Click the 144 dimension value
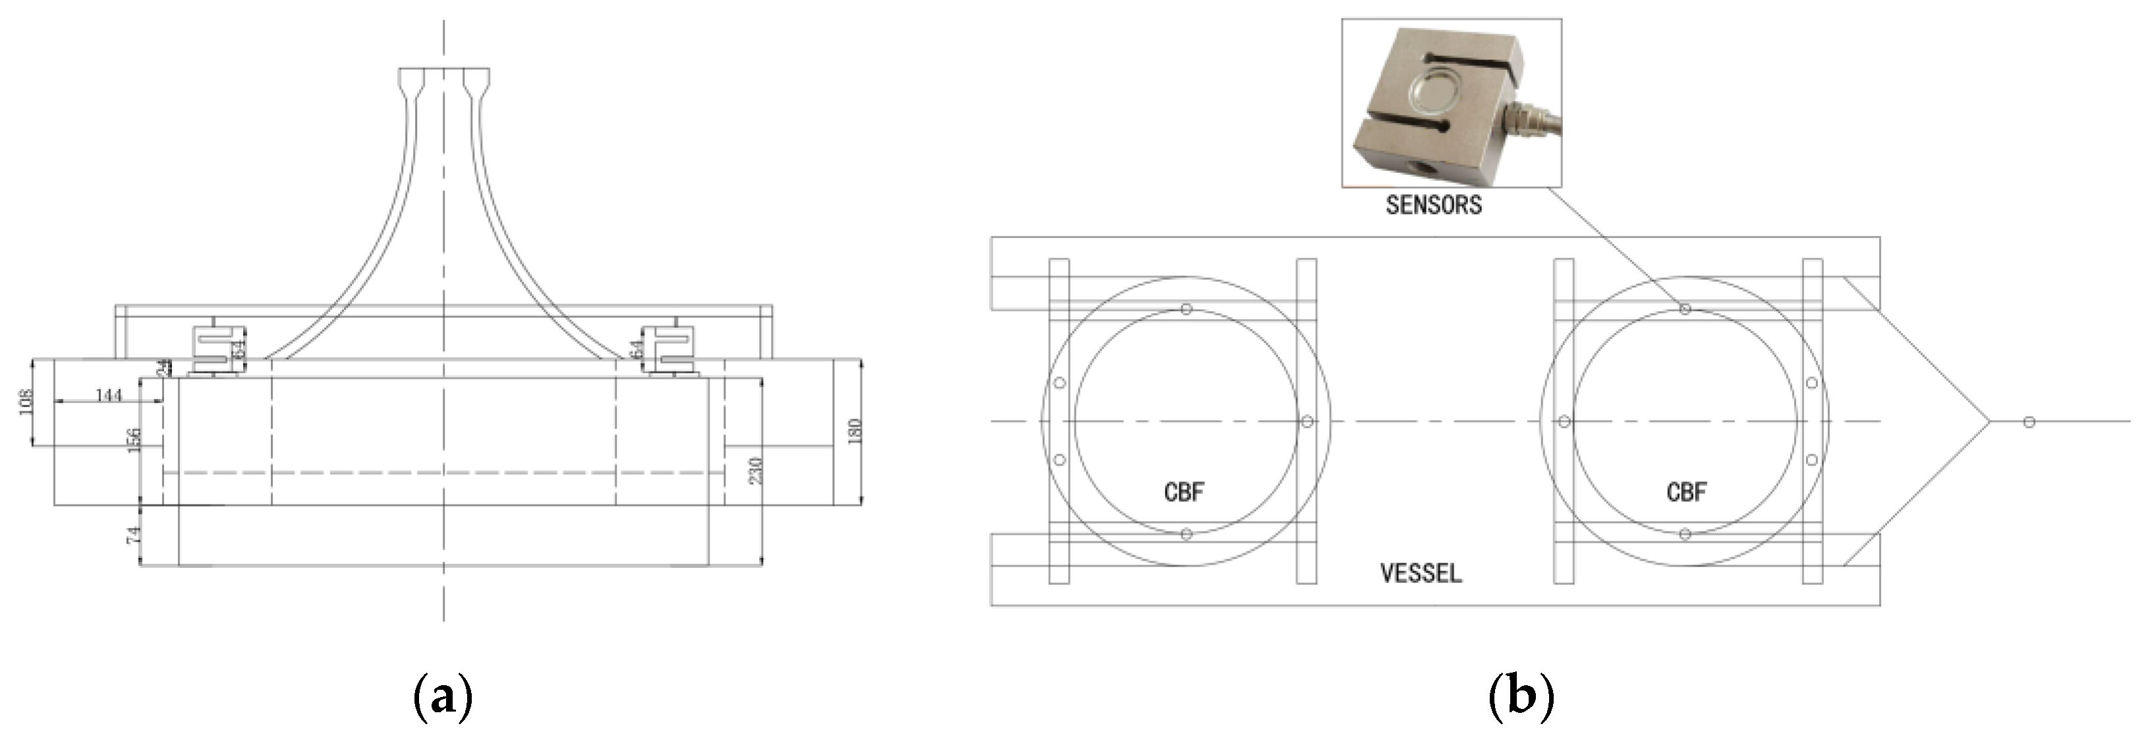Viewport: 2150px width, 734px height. pyautogui.click(x=109, y=394)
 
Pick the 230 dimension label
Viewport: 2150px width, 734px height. pyautogui.click(x=756, y=471)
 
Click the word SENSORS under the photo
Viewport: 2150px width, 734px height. pyautogui.click(x=1433, y=205)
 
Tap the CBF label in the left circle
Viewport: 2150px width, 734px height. pyautogui.click(x=1184, y=493)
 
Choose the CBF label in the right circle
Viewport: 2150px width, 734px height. pyautogui.click(x=1686, y=493)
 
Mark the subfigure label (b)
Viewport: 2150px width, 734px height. pyautogui.click(x=1521, y=696)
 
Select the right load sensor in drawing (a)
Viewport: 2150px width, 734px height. pyautogui.click(x=673, y=348)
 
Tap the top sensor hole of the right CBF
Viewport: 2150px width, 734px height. pyautogui.click(x=1685, y=309)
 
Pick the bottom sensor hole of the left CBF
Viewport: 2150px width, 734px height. pyautogui.click(x=1186, y=534)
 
